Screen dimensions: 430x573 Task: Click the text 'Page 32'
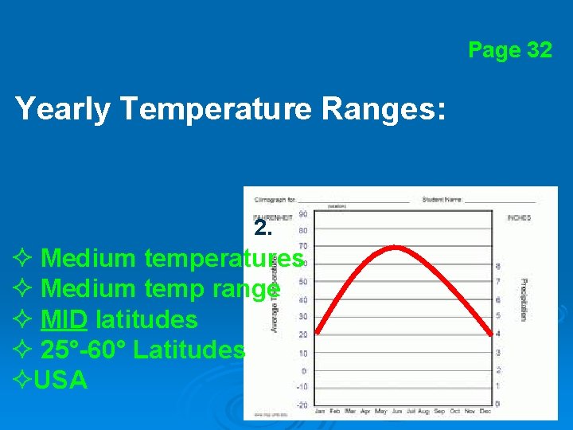tap(509, 51)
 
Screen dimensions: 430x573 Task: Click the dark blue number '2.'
tap(263, 229)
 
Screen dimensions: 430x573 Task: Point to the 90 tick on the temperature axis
tap(303, 214)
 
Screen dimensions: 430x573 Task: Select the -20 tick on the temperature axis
tap(302, 405)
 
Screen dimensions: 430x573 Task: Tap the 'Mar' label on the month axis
tap(349, 412)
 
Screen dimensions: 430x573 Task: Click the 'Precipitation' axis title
tap(524, 299)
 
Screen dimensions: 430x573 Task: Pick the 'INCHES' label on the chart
tap(519, 217)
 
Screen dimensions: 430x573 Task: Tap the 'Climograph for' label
tap(275, 199)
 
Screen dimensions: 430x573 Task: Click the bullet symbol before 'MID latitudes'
tap(22, 320)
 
